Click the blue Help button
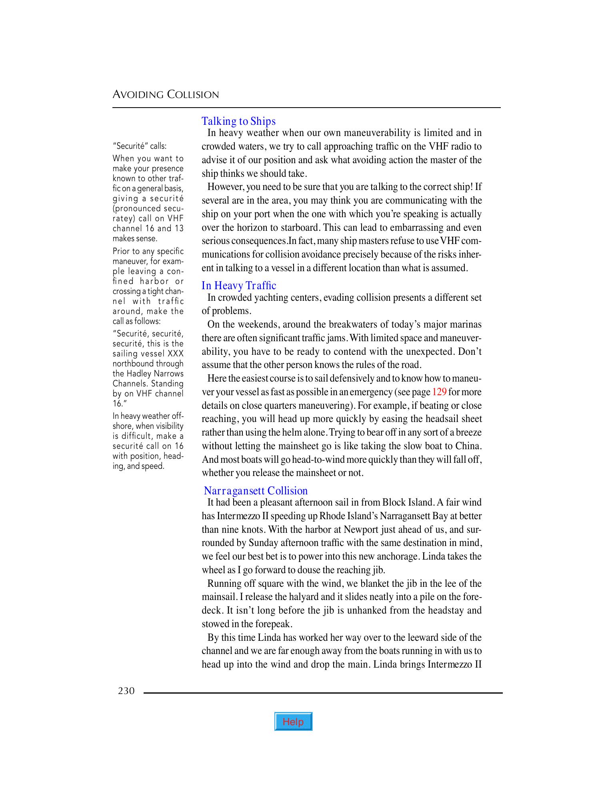[293, 722]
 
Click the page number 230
[126, 691]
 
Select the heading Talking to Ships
[238, 121]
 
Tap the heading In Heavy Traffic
[239, 286]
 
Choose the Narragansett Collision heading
[256, 491]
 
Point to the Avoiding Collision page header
[166, 95]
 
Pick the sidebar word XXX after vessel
[176, 354]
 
